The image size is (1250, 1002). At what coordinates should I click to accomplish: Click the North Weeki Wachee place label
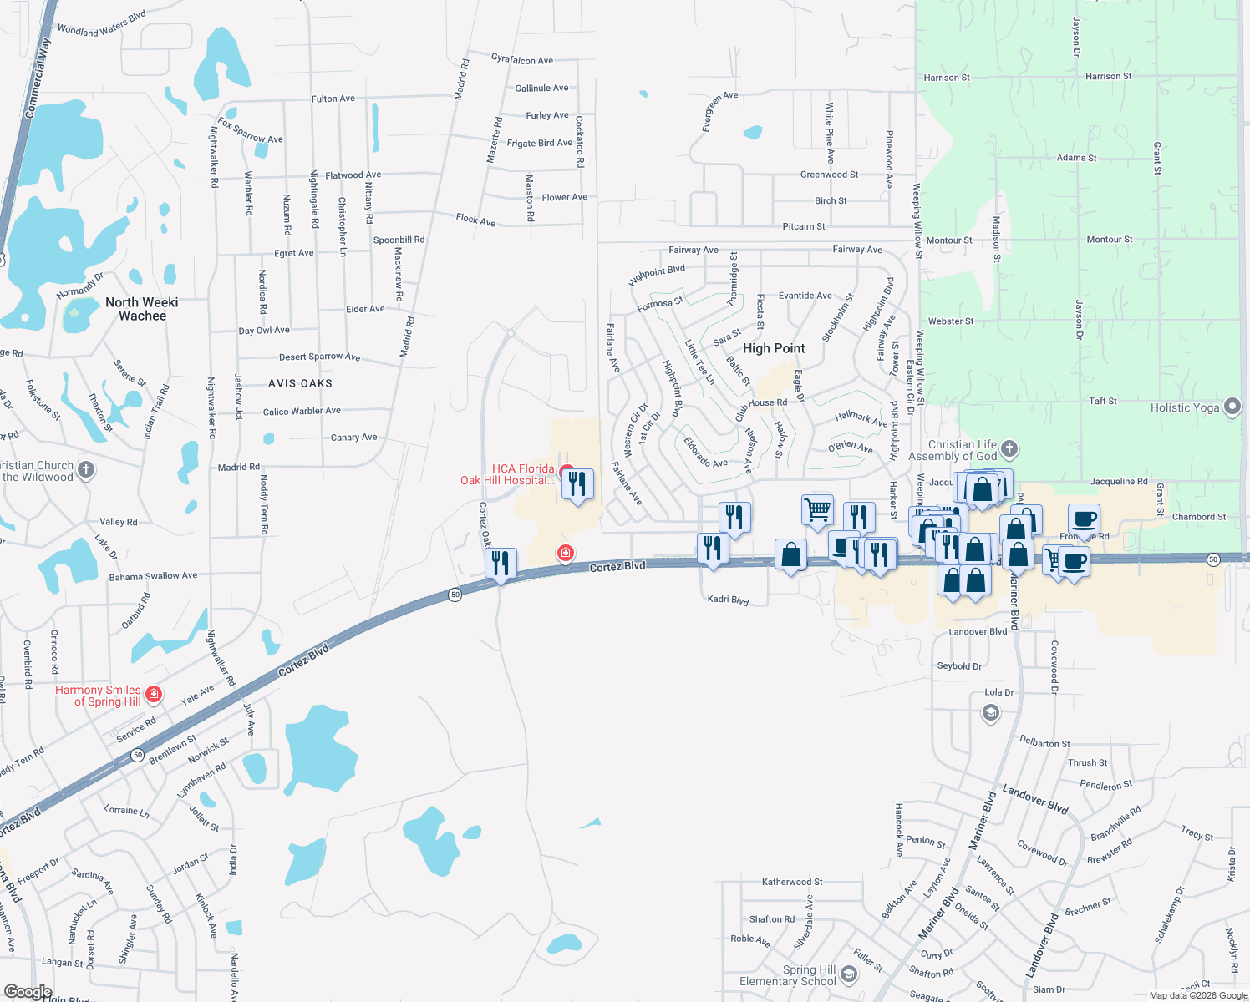coord(142,309)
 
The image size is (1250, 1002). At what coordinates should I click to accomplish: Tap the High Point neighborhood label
coord(774,348)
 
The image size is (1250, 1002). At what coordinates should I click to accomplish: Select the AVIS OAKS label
coord(300,383)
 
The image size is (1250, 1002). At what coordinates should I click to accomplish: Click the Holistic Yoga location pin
coord(1232,407)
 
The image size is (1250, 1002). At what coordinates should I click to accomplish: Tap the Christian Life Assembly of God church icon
coord(1009,449)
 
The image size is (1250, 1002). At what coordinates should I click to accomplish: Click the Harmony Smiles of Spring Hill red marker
coord(154,694)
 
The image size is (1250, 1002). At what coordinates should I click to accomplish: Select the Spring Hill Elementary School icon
coord(849,974)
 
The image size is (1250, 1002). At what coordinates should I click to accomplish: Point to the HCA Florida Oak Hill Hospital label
coord(508,474)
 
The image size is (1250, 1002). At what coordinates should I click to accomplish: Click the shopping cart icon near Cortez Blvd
coord(817,509)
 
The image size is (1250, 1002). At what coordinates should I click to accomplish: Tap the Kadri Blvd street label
coord(728,600)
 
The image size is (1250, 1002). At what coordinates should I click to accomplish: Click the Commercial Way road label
coord(38,78)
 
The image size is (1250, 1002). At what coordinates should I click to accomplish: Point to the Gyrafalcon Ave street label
coord(522,60)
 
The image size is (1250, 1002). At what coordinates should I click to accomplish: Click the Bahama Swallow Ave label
coord(153,576)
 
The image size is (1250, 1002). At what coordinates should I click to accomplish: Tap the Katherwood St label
coord(792,882)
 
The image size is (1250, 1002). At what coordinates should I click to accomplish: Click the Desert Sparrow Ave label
coord(319,357)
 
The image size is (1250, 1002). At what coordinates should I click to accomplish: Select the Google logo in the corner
coord(28,992)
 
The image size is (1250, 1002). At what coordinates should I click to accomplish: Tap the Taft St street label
coord(1103,401)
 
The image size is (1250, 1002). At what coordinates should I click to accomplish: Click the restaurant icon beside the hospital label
coord(577,483)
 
